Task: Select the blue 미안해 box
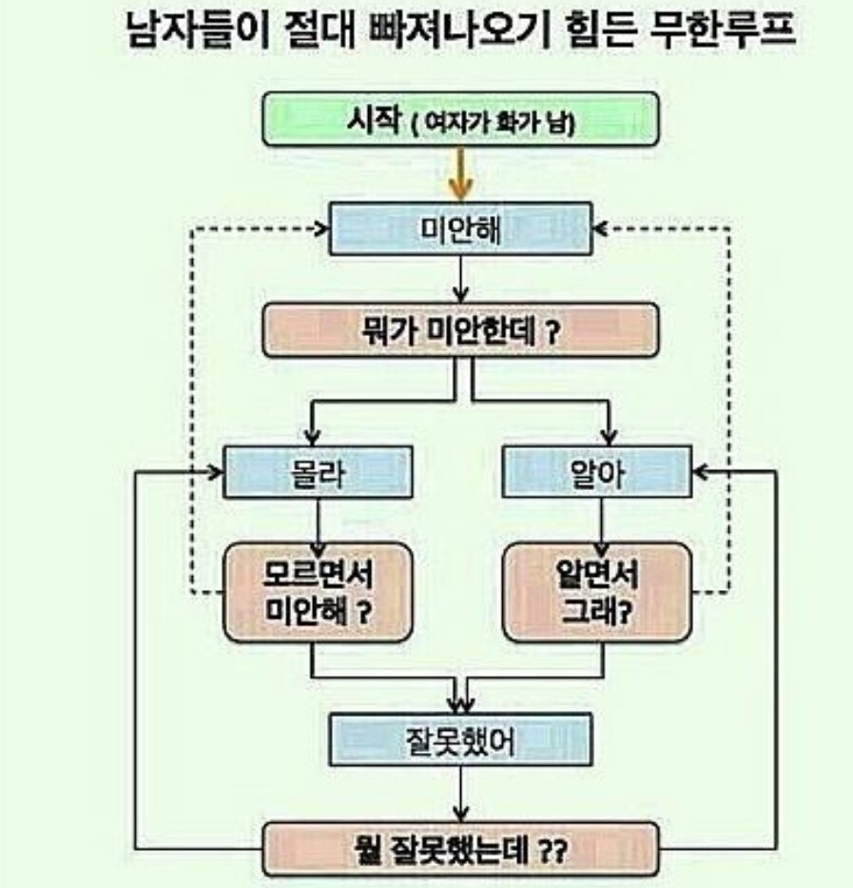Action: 460,229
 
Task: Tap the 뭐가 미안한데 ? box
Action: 460,330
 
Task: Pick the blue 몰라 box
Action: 318,472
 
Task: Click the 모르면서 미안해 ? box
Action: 318,591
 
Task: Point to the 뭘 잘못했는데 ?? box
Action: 460,848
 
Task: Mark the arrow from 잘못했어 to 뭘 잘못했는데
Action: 460,795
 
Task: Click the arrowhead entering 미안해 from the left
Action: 320,229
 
